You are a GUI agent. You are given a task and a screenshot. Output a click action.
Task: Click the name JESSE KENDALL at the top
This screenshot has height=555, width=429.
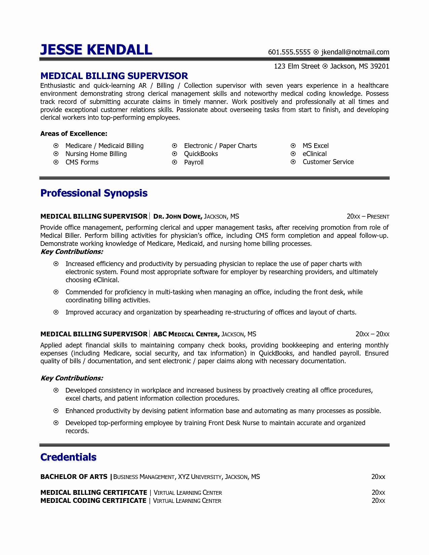(x=96, y=49)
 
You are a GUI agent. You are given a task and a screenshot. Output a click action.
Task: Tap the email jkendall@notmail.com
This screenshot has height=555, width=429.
(x=355, y=52)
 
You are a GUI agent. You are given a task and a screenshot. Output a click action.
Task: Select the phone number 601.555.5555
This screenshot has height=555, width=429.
(x=289, y=52)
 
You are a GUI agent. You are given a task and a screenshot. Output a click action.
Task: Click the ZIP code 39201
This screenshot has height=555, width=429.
(x=380, y=66)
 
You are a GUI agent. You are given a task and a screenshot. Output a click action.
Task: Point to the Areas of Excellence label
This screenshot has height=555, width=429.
(x=74, y=134)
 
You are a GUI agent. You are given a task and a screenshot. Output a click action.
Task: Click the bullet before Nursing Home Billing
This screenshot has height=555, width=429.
(x=56, y=154)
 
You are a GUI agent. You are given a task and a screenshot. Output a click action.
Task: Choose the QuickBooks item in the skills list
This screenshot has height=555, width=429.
(x=201, y=154)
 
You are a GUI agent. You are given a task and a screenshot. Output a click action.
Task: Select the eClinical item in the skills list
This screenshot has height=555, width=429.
(x=315, y=154)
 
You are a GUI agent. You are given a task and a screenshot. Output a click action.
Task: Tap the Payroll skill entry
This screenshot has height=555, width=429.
(x=194, y=162)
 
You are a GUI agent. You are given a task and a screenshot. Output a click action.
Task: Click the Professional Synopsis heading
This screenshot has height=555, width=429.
(x=94, y=193)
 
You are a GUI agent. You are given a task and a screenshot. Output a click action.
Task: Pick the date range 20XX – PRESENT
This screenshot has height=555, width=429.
(x=368, y=216)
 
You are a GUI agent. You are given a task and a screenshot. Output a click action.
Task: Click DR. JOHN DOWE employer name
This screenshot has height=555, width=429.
(x=178, y=216)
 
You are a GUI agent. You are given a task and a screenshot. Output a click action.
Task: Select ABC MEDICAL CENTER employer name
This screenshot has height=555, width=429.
(x=186, y=334)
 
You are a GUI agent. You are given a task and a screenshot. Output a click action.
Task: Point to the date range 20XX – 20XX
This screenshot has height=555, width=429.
(x=372, y=334)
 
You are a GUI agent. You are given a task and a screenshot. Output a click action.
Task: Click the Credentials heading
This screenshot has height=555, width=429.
(x=68, y=457)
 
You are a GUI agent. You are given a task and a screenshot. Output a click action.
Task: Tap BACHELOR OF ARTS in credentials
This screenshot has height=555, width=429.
(x=74, y=477)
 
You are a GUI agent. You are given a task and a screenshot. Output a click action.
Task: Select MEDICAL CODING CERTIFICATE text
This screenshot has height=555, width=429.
(x=93, y=501)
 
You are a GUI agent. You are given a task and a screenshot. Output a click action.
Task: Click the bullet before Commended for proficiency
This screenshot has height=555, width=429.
(x=56, y=292)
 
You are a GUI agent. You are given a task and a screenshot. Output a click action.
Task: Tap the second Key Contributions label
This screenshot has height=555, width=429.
(x=72, y=378)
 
